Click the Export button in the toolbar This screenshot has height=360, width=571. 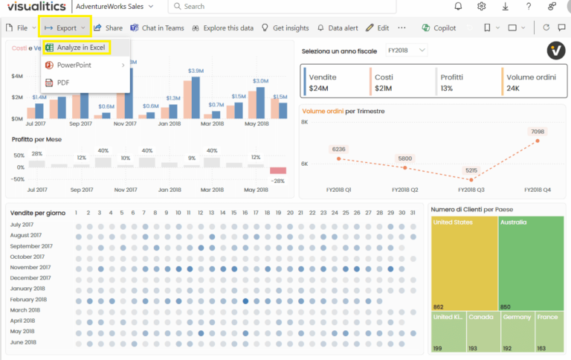coord(65,28)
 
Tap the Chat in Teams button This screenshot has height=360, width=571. coord(157,28)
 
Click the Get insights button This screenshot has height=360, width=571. coord(285,28)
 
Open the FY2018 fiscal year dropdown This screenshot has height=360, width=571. coord(407,50)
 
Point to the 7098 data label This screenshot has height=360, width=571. coord(538,132)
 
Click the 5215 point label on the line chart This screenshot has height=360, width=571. coord(471,170)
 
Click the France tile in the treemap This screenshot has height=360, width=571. coord(549,332)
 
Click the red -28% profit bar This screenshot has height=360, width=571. coord(278,171)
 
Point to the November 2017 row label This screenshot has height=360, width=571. coord(31,267)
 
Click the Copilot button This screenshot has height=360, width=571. coord(439,28)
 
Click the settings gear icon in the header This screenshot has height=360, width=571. coord(482,7)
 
